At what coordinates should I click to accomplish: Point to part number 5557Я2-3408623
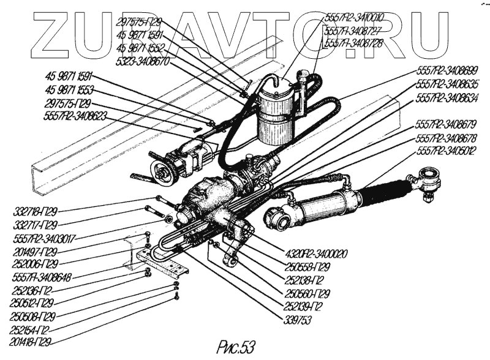pos(76,114)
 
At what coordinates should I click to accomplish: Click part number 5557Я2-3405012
pos(447,151)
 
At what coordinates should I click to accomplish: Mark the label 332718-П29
pos(36,212)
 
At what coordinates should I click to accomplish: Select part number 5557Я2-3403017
pos(44,238)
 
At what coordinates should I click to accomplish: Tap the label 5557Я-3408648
pos(42,277)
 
